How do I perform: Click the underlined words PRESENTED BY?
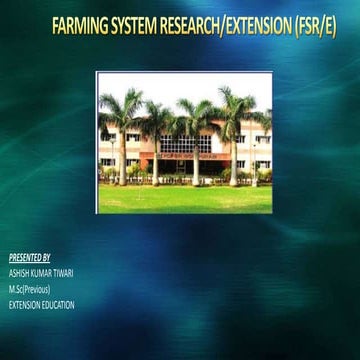pos(29,257)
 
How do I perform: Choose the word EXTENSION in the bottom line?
pos(24,305)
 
